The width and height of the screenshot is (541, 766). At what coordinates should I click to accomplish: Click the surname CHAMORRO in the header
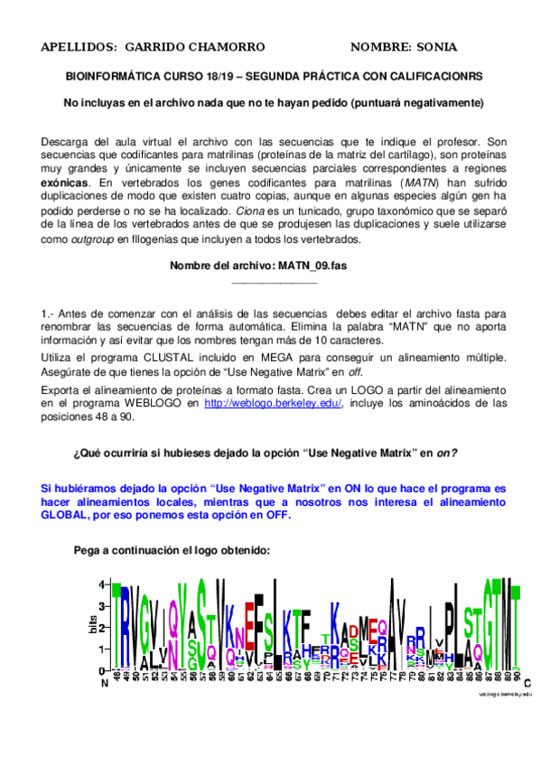(x=224, y=46)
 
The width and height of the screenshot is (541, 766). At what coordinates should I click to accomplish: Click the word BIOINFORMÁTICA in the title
(x=112, y=77)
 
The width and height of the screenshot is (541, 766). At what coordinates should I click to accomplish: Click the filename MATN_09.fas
(x=309, y=266)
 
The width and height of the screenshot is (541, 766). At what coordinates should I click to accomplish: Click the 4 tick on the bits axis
(x=102, y=584)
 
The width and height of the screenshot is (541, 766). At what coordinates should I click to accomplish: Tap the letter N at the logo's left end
(x=104, y=685)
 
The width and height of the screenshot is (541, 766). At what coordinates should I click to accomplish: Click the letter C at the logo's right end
(x=527, y=685)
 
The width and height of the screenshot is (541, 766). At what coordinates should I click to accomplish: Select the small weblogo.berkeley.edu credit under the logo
(x=506, y=694)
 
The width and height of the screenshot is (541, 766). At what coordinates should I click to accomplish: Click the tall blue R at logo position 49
(x=125, y=628)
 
